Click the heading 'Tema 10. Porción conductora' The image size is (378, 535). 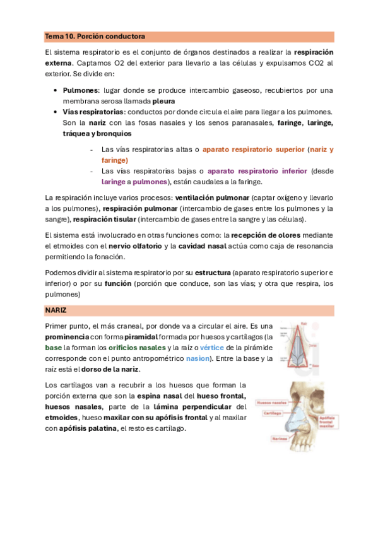95,37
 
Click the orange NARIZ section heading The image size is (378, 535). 56,310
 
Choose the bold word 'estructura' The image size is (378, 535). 212,273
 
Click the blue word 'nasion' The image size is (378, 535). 197,358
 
